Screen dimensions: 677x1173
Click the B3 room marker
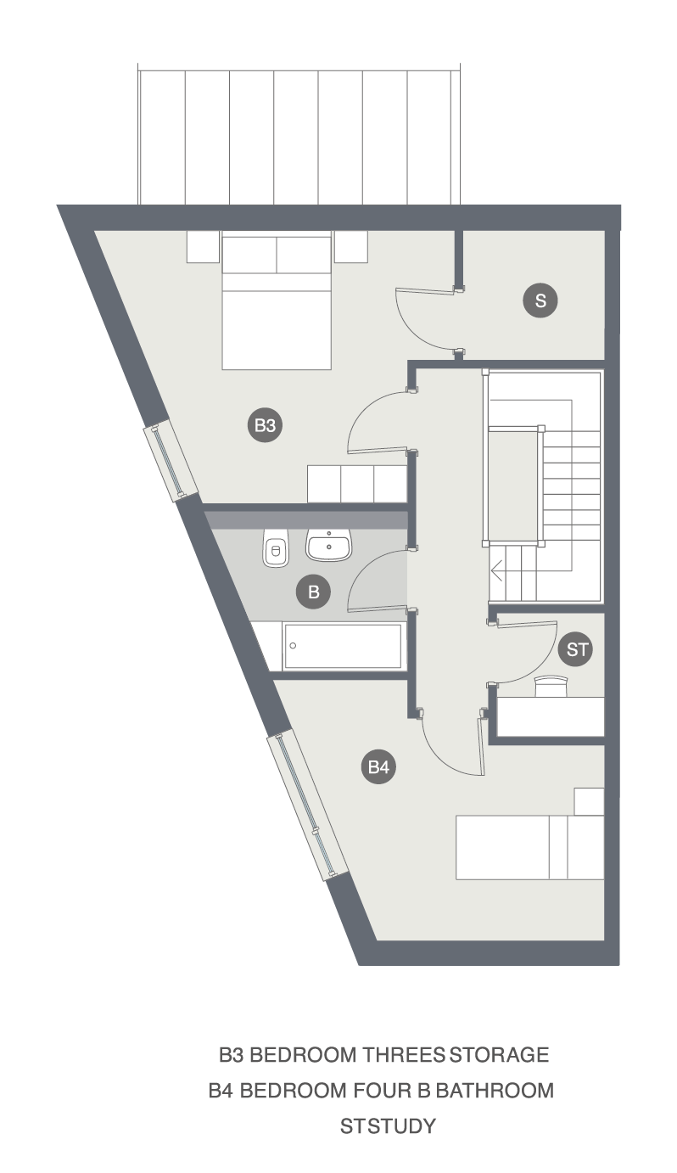265,424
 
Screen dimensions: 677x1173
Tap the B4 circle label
378,766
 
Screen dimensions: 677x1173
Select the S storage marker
540,300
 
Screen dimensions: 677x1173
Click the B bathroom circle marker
313,592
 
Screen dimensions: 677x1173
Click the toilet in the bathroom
276,547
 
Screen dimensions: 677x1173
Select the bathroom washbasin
328,545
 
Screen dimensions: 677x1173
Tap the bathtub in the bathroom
344,646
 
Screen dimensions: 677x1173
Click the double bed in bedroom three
277,303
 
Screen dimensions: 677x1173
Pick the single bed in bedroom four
530,847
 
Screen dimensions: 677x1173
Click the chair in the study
551,686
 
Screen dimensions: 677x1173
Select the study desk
550,716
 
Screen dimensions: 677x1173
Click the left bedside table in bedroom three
203,247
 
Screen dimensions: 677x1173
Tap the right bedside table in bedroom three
351,247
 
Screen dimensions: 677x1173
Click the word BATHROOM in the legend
495,1091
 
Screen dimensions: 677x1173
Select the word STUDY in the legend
401,1125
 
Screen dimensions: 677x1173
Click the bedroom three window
171,461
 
